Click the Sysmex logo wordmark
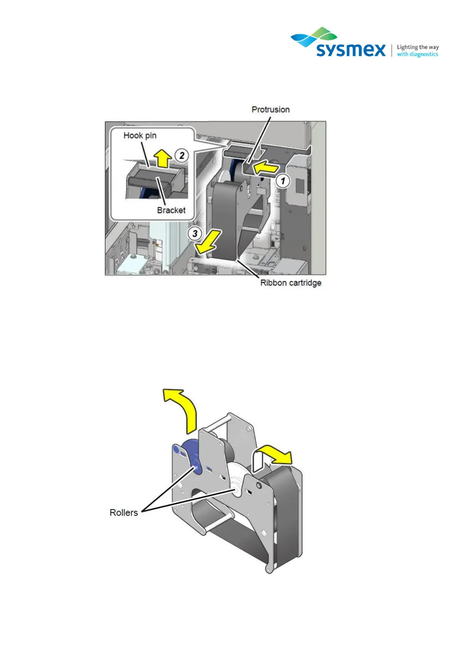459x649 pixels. point(351,50)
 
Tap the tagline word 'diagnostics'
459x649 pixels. point(423,54)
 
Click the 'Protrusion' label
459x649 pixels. point(270,109)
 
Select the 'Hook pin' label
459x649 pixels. point(140,135)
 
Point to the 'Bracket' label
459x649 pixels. point(171,210)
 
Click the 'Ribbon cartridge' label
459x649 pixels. point(290,283)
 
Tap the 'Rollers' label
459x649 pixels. point(123,513)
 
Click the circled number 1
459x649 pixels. point(283,181)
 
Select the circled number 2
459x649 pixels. point(182,156)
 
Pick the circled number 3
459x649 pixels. point(195,234)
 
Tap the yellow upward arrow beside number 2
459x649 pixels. point(164,158)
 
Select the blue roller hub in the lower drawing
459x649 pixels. point(196,467)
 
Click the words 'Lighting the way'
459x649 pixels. point(418,47)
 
